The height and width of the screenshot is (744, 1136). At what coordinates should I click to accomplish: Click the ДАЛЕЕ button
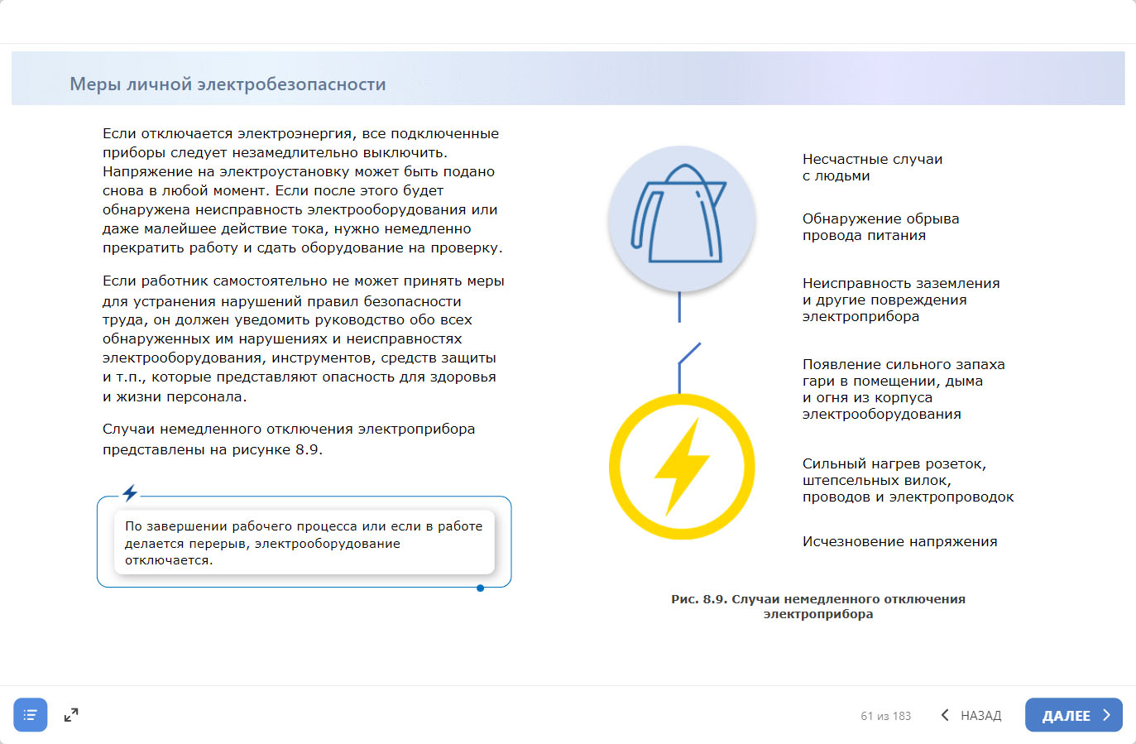[1073, 715]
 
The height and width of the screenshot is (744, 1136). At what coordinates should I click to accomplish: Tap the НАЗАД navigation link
[971, 715]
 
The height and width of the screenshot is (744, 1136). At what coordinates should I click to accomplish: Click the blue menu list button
[31, 715]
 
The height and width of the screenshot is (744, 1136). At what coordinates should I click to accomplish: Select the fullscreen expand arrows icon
[71, 715]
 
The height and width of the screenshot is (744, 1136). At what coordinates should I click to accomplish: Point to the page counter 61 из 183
[885, 716]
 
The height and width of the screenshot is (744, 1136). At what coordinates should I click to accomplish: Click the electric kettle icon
[681, 217]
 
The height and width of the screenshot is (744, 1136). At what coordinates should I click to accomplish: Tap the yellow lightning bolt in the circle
[682, 467]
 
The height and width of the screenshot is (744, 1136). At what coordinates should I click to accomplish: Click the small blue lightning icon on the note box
[130, 493]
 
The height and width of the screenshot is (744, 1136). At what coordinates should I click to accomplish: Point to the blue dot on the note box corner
[480, 588]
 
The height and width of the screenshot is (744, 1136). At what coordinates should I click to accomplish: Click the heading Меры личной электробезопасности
[228, 84]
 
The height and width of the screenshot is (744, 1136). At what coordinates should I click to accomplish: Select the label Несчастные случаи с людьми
[872, 167]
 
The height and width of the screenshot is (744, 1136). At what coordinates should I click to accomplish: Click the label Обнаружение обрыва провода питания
[880, 227]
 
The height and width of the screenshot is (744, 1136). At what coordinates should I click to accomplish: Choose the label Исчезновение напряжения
[899, 541]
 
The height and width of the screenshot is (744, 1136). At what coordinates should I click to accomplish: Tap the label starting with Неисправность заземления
[900, 300]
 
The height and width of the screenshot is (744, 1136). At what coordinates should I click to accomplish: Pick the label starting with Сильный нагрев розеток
[908, 480]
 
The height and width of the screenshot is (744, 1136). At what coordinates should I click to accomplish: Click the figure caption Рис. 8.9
[817, 606]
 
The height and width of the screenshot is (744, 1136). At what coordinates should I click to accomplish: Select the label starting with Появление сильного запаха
[903, 389]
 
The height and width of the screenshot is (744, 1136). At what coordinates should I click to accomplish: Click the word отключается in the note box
[169, 560]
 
